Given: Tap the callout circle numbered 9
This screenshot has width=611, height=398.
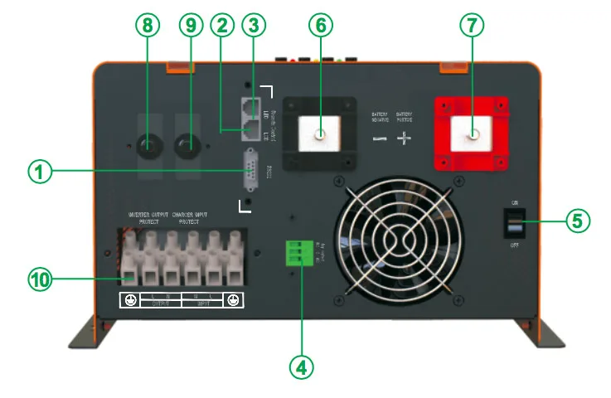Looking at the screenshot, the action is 192,26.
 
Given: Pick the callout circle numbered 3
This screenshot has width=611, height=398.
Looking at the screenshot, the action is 252,26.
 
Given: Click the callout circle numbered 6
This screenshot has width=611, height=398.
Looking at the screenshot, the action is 320,26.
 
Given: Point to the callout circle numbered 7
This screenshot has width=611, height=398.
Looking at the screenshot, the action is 473,26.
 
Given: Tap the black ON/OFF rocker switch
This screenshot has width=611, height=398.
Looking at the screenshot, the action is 514,221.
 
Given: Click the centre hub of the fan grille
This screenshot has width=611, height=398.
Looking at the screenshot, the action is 399,240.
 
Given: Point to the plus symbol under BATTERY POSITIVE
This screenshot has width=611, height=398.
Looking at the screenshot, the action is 404,138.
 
